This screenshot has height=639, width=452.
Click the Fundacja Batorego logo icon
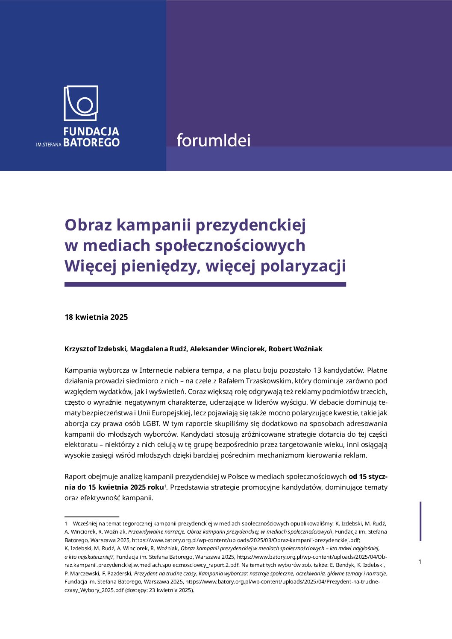(81, 103)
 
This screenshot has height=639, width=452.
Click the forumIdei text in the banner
(214, 140)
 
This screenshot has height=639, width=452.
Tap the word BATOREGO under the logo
(91, 143)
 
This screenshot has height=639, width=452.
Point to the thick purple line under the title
(205, 284)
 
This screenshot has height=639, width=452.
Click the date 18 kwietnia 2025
(96, 317)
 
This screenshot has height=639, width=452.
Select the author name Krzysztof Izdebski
(96, 349)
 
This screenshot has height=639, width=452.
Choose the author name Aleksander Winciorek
(228, 349)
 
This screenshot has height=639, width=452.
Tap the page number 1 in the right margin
(420, 562)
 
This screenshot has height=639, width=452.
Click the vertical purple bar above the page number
(421, 521)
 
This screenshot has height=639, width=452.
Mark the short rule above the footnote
(91, 517)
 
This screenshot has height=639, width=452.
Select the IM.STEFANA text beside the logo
(49, 145)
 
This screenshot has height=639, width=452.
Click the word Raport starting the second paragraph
(75, 476)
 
